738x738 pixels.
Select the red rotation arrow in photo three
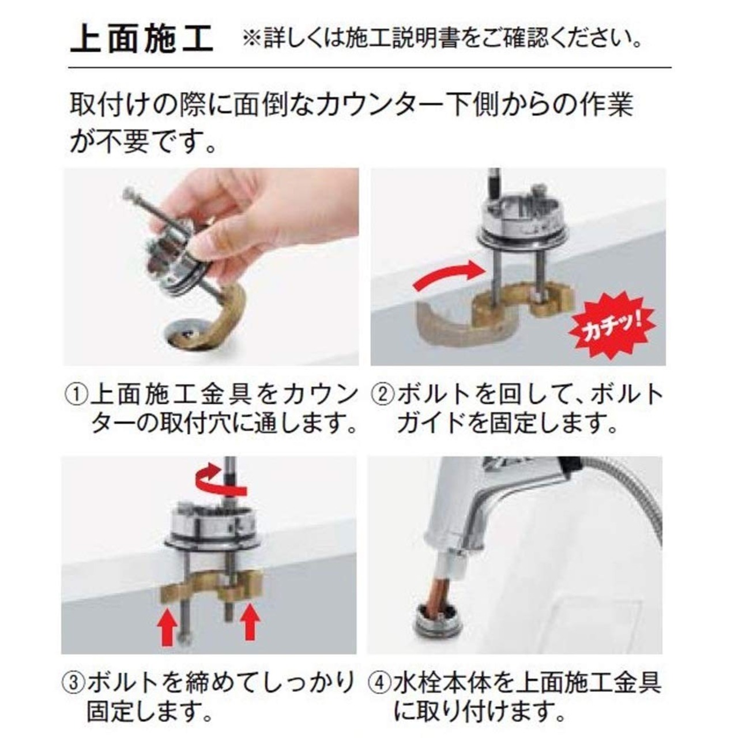tap(221, 482)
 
